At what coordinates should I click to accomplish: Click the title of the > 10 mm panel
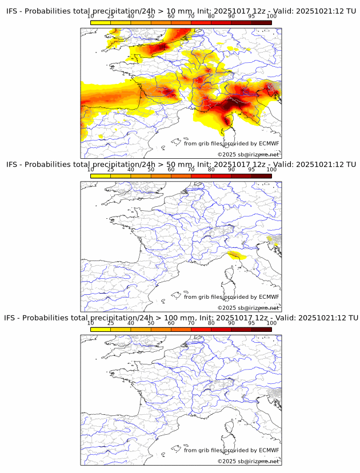182,11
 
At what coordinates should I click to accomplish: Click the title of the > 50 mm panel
182,165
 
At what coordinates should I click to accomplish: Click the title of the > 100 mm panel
182,318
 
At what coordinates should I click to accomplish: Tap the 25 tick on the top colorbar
111,17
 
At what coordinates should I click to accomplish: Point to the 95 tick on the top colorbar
251,17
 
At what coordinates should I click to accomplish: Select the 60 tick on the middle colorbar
171,170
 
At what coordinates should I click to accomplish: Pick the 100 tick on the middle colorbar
271,170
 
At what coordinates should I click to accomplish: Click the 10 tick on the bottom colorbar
91,323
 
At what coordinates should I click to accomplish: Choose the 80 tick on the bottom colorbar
211,323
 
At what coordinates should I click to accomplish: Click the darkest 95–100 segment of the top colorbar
261,23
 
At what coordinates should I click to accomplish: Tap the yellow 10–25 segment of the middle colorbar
101,176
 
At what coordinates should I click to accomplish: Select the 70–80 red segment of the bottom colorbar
201,329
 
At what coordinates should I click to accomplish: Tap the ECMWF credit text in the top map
231,143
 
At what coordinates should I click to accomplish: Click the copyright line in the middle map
248,308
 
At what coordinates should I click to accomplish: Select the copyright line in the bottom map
248,461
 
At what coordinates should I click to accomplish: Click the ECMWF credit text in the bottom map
231,450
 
